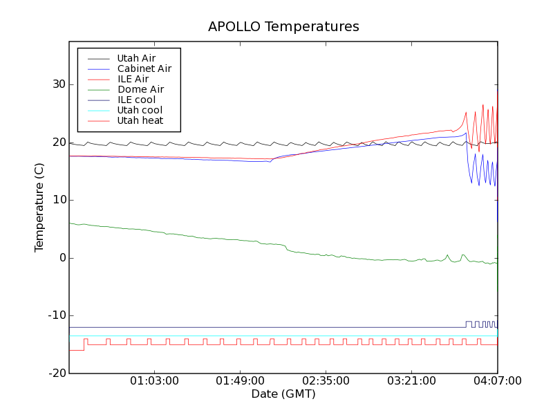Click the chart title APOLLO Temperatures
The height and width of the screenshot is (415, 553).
(x=283, y=27)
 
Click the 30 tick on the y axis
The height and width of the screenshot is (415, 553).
(x=57, y=84)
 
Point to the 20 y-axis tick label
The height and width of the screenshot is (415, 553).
(x=57, y=142)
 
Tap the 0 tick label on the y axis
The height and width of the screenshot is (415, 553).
(x=61, y=258)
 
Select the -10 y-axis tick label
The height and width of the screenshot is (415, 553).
(x=56, y=315)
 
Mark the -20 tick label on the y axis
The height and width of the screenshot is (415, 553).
(x=56, y=373)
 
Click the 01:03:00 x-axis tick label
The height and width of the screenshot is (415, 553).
(x=154, y=381)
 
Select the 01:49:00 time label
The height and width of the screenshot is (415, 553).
(x=240, y=381)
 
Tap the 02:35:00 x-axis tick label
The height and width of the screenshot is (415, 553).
(x=326, y=381)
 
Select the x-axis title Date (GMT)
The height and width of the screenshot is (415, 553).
(x=283, y=394)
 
